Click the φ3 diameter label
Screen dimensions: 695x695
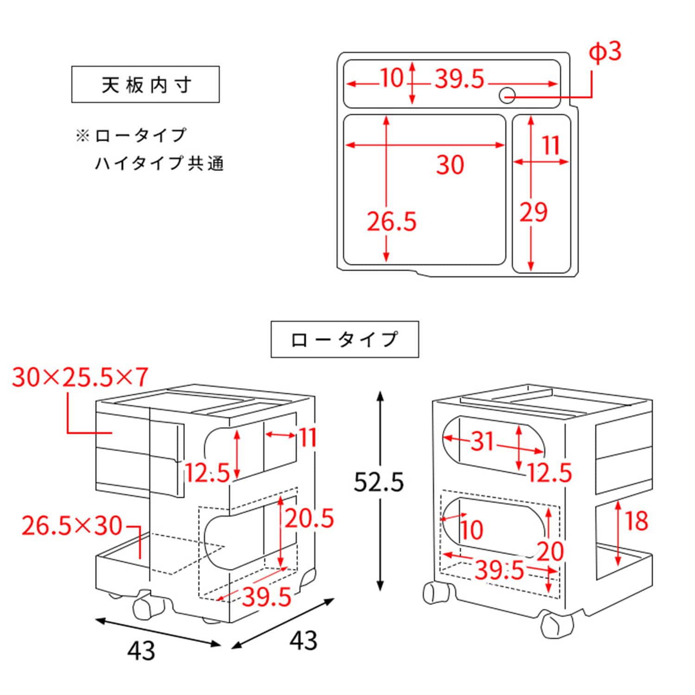click(605, 53)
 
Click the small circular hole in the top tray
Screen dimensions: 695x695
click(507, 95)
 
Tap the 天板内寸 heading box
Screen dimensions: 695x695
click(145, 85)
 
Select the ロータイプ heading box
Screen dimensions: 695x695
click(345, 339)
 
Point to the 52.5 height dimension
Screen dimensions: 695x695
click(379, 482)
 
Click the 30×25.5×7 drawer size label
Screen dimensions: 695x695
click(80, 377)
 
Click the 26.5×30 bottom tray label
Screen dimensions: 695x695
click(72, 526)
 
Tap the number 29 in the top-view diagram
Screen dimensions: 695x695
click(533, 213)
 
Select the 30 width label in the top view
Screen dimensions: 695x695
click(449, 165)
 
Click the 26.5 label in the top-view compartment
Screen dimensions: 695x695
click(392, 221)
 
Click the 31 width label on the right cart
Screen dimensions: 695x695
click(483, 441)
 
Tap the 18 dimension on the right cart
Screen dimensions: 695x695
click(636, 521)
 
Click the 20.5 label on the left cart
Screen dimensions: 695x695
click(309, 518)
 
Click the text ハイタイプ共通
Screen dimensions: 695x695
click(159, 164)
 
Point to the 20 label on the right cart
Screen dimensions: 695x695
click(550, 551)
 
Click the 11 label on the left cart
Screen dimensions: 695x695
click(307, 437)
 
